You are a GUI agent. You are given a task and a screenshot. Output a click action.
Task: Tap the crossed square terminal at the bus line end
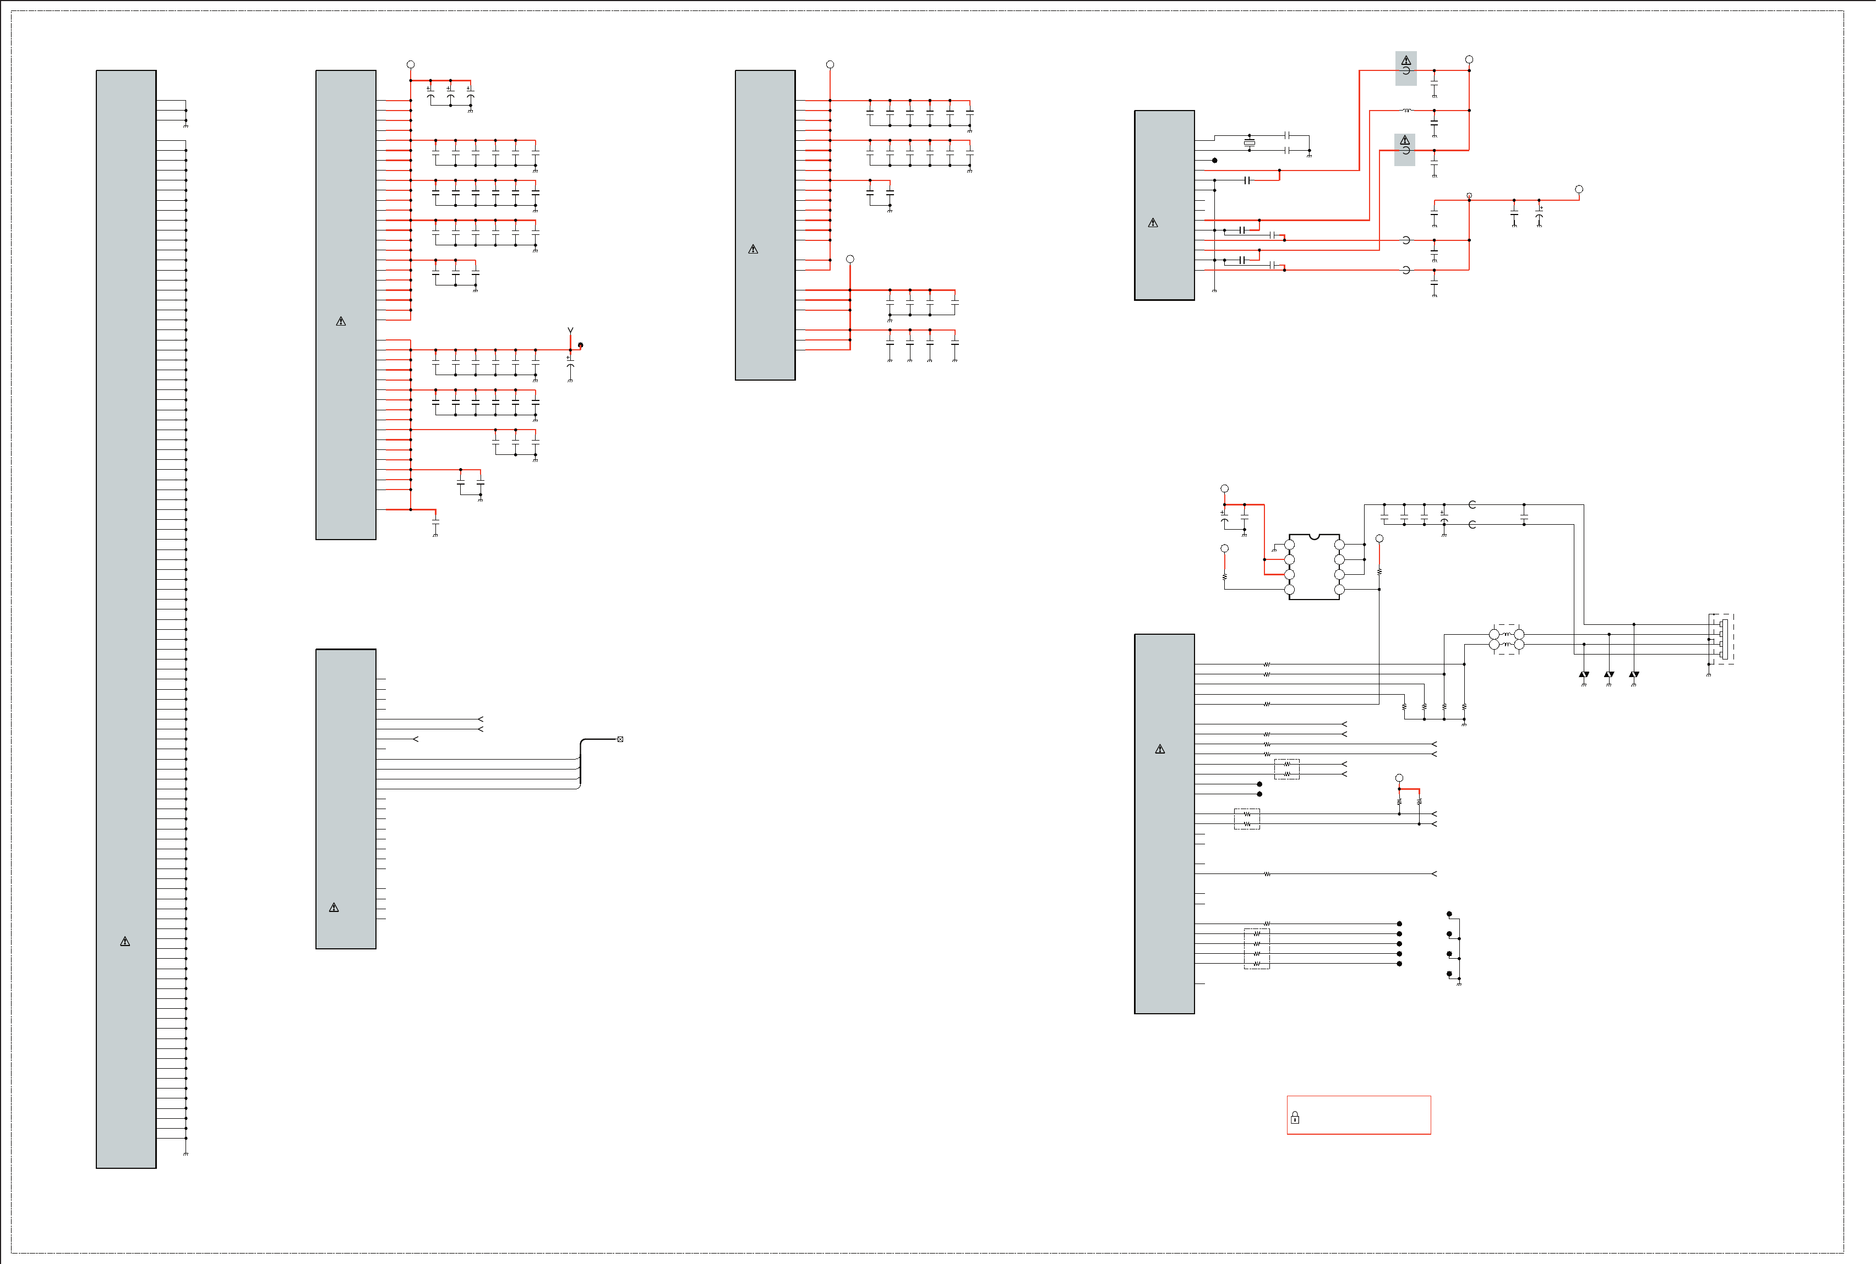620,739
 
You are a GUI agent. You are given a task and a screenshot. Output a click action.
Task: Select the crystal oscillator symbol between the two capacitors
1250,142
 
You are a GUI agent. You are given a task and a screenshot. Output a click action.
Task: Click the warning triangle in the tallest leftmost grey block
125,942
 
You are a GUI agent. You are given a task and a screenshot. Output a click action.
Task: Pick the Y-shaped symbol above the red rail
570,331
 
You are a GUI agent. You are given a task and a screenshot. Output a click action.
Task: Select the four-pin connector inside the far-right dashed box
1724,639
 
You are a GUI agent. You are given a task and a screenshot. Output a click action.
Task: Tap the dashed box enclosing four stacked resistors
1257,949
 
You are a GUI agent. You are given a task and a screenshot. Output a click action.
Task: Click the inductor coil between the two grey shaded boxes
1406,111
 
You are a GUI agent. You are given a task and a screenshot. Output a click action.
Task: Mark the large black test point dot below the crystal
1215,161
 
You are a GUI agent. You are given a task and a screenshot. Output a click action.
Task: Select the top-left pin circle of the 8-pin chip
1290,545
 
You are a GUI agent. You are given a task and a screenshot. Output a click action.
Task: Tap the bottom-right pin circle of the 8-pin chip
1340,589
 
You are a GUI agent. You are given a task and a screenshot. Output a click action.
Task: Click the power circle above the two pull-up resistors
1399,778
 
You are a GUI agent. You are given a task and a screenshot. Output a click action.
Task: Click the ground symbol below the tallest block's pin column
186,1153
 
